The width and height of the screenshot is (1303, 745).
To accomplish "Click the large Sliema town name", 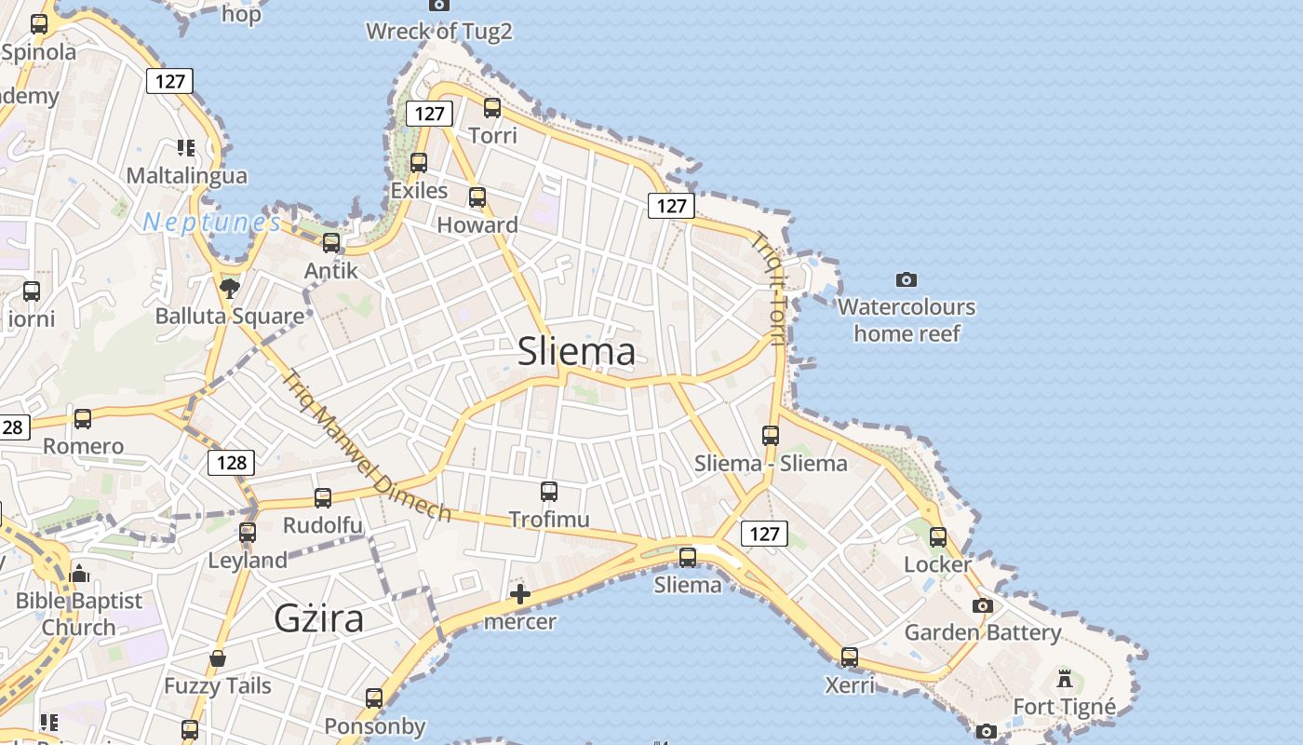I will point(576,351).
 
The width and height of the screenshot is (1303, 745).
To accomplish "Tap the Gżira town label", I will point(318,618).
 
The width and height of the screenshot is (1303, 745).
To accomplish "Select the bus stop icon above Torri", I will point(492,108).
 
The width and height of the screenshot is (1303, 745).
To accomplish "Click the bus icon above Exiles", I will point(419,163).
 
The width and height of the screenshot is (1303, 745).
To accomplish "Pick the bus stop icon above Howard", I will point(477,197).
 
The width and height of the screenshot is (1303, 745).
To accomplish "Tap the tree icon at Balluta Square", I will point(230,288).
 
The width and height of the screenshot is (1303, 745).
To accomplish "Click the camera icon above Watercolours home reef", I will point(907,279).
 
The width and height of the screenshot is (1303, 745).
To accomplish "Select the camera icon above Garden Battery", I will point(982,605).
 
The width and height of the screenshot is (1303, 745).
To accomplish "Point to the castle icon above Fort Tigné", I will point(1065,679).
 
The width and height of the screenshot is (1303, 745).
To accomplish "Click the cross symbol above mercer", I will point(520,594).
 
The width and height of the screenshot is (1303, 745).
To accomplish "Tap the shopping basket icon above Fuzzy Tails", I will point(218,659).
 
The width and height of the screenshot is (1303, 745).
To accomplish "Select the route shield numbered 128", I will point(231,462).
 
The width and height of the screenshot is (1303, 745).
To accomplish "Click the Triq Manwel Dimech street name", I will point(366,446).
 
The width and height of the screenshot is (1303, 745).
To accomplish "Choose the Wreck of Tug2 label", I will point(439,32).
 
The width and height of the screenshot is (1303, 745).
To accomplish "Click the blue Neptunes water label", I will point(211,222).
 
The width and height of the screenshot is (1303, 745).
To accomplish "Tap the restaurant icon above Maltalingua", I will point(186,148).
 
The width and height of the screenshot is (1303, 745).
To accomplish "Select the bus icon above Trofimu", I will point(549,491).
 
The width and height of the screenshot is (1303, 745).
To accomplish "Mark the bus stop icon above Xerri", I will point(850,657).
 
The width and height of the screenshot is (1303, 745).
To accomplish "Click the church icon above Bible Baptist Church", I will point(79,574).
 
